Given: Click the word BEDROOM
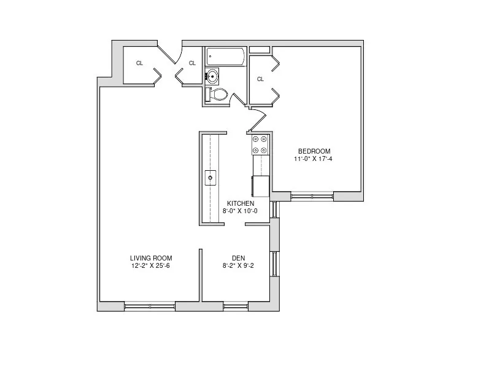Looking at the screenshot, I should [x=314, y=152].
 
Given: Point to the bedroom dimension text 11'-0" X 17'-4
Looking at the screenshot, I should [x=314, y=159].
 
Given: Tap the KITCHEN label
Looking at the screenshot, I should [x=240, y=203].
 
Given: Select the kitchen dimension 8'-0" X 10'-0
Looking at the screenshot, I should [x=240, y=211].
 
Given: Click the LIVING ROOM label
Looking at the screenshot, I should [x=150, y=258].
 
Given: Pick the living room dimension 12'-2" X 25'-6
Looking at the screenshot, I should [x=150, y=266].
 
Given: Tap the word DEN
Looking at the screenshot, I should [x=239, y=258].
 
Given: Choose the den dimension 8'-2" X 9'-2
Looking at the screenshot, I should [x=239, y=266].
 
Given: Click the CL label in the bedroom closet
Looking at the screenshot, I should [x=260, y=79].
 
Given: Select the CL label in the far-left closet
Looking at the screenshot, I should [x=139, y=63].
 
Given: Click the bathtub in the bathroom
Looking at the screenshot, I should [x=225, y=57].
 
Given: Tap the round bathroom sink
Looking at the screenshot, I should [x=212, y=77].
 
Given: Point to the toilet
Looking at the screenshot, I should [x=218, y=94].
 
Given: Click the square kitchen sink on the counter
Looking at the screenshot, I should [x=210, y=178].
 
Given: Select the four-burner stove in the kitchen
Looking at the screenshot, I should [x=260, y=144].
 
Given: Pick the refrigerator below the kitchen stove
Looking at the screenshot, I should [x=260, y=185].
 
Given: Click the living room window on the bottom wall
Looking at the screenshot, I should [x=150, y=305].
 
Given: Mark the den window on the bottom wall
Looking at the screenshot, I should [x=236, y=305].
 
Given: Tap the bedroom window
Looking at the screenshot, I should [x=312, y=197].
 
